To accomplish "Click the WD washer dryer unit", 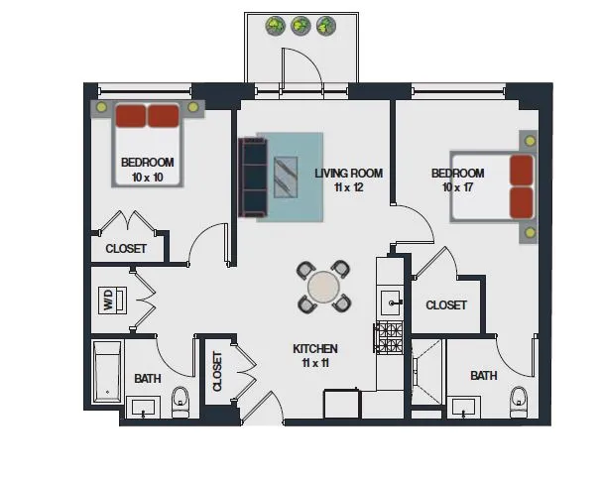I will click(111, 301).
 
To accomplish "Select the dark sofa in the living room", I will click(254, 177).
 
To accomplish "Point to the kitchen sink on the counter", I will click(389, 301).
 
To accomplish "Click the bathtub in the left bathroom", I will click(105, 371).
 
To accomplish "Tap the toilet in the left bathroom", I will click(180, 402).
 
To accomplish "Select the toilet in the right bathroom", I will click(519, 402).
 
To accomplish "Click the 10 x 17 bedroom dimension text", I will click(457, 187).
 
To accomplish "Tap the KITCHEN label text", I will click(315, 349).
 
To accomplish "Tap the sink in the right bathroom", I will click(463, 408).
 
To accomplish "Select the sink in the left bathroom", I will click(146, 408).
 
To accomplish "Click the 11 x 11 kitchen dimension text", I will click(315, 363).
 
